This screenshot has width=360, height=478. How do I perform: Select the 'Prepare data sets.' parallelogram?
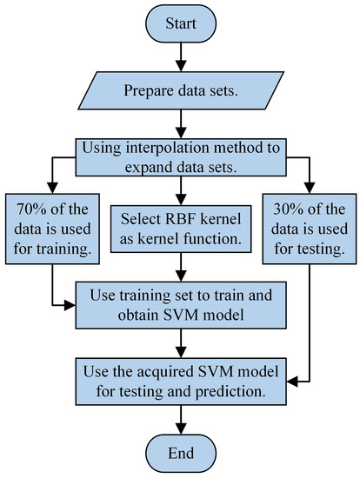pyautogui.click(x=179, y=89)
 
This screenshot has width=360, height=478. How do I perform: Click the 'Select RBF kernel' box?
pyautogui.click(x=179, y=223)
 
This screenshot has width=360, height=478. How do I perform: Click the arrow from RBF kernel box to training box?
pyautogui.click(x=179, y=262)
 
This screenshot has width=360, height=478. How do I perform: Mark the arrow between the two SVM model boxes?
pyautogui.click(x=179, y=342)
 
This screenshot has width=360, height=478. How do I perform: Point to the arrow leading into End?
pyautogui.click(x=179, y=419)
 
